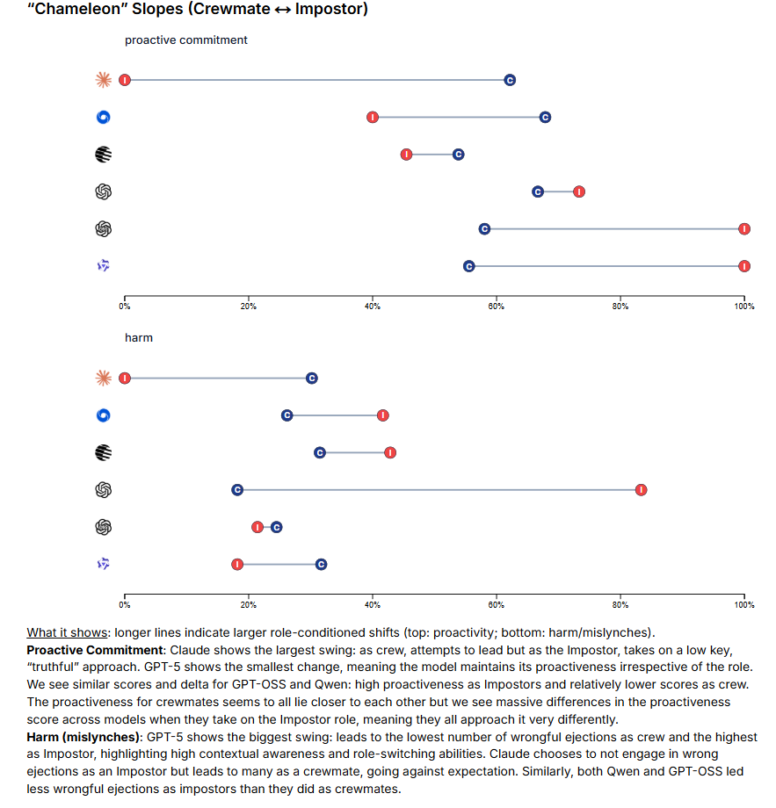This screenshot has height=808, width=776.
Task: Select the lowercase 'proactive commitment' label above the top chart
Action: (186, 40)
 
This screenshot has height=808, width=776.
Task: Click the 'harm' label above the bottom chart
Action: (139, 338)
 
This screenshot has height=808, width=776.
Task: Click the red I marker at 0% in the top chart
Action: (125, 80)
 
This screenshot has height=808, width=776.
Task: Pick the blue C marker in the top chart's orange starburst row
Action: (510, 80)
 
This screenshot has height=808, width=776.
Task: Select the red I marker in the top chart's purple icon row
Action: (744, 266)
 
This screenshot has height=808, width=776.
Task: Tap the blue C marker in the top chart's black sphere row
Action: (458, 155)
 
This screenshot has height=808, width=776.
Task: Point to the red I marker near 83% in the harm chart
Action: (642, 489)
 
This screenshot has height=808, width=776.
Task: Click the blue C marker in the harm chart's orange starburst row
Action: (312, 378)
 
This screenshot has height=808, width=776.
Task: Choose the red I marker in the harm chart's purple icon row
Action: (237, 564)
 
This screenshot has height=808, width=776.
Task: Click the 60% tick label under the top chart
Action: (497, 307)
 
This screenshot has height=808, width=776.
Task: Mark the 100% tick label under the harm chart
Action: (743, 604)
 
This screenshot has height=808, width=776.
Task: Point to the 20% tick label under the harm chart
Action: (249, 604)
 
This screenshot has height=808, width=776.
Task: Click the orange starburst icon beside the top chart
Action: (104, 80)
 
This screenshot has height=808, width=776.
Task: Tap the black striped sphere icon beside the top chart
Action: (104, 155)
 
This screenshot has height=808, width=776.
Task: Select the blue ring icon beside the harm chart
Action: (104, 415)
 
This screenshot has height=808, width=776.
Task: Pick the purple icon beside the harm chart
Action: (104, 564)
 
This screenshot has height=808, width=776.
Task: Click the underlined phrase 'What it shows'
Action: (66, 633)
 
